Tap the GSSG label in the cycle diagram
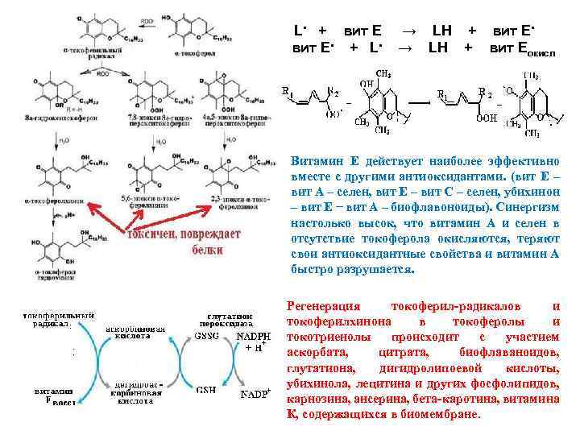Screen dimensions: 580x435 (x=205, y=335)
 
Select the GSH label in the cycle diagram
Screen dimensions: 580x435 (x=205, y=390)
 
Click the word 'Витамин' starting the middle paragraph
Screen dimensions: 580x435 (x=317, y=160)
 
